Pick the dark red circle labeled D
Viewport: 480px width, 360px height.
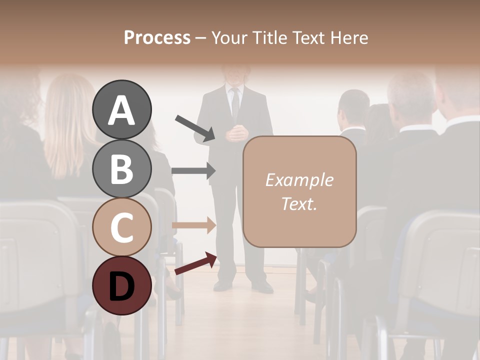(122, 285)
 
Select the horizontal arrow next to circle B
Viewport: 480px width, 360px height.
(193, 170)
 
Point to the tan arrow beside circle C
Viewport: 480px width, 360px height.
(193, 225)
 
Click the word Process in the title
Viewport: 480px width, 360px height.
(157, 38)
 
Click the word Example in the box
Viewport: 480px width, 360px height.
(299, 180)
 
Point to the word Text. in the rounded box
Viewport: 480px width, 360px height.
(299, 204)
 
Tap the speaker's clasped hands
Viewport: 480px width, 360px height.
(236, 133)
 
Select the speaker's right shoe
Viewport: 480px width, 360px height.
(223, 285)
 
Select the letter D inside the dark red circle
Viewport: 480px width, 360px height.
(122, 286)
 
